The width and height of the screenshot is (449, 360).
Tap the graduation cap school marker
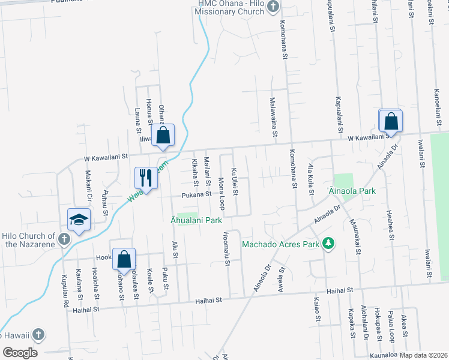(79, 220)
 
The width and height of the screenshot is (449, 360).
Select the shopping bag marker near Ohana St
(163, 136)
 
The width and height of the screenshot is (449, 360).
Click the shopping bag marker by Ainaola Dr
(391, 121)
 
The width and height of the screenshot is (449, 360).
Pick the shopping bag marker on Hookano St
(123, 260)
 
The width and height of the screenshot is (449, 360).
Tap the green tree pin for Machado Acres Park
(328, 244)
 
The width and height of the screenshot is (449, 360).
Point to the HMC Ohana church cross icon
(273, 7)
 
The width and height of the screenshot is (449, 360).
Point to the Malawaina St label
(273, 117)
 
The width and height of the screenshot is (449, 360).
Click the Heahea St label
(391, 224)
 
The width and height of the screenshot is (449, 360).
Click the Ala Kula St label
(310, 179)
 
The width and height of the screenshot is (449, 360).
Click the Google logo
(20, 352)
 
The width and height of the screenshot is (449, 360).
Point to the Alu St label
(175, 249)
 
